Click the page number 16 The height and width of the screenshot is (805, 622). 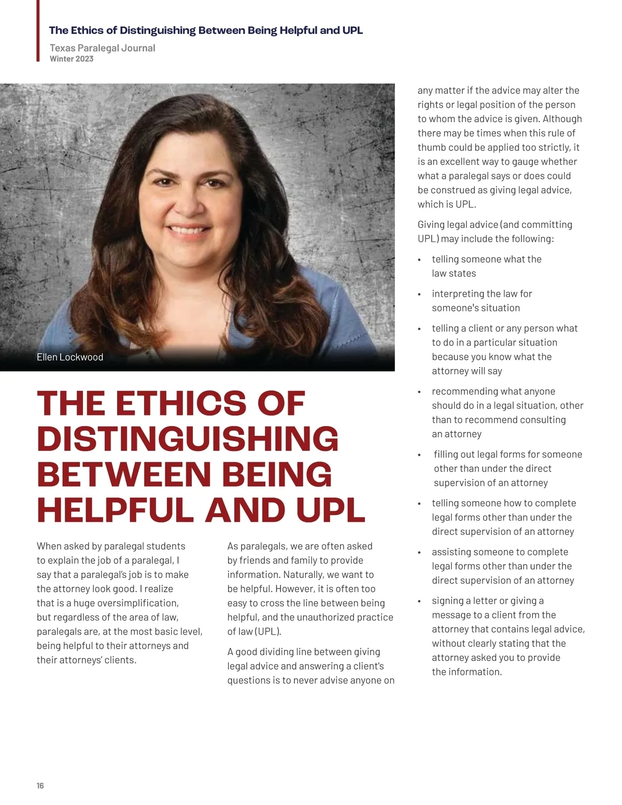coord(40,786)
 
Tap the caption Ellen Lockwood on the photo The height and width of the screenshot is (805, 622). coord(70,357)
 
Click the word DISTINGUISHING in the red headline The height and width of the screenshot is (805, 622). coord(188,439)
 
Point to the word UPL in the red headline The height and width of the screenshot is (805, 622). coord(331,511)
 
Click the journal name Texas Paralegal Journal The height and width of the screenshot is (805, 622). coord(102,48)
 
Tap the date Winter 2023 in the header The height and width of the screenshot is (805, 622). coord(72,59)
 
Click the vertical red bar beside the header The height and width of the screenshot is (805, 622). coord(38,31)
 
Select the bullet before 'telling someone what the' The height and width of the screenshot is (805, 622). coord(419,260)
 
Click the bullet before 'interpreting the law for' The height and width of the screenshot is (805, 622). coord(419,294)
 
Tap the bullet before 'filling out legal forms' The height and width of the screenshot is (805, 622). coord(419,455)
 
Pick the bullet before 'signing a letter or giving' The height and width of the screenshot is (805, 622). coord(419,601)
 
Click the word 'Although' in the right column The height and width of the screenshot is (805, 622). coord(562,119)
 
